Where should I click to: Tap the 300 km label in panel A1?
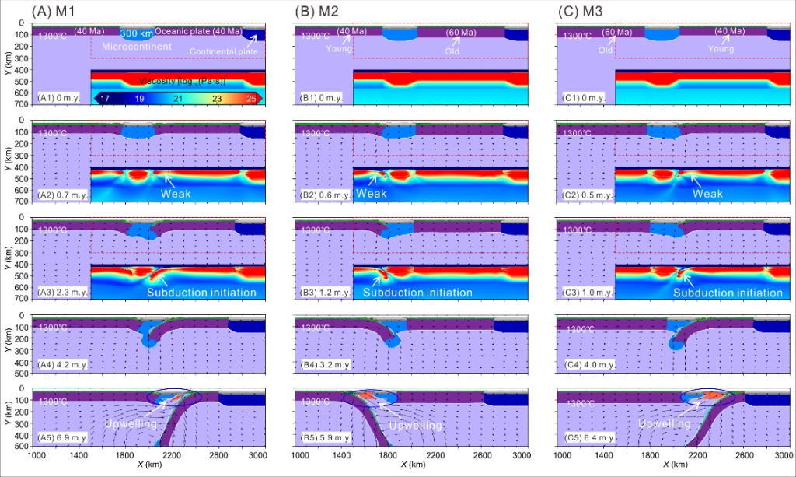click(135, 33)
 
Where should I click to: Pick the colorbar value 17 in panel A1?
click(103, 97)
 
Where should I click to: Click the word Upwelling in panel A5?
click(130, 425)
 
